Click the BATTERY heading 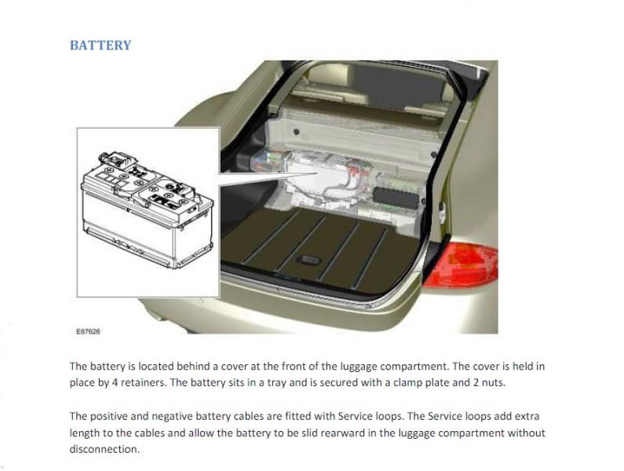[100, 46]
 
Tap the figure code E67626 [88, 331]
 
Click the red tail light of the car [462, 265]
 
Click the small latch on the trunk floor [309, 260]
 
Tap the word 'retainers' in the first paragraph [144, 382]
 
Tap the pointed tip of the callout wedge [317, 173]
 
